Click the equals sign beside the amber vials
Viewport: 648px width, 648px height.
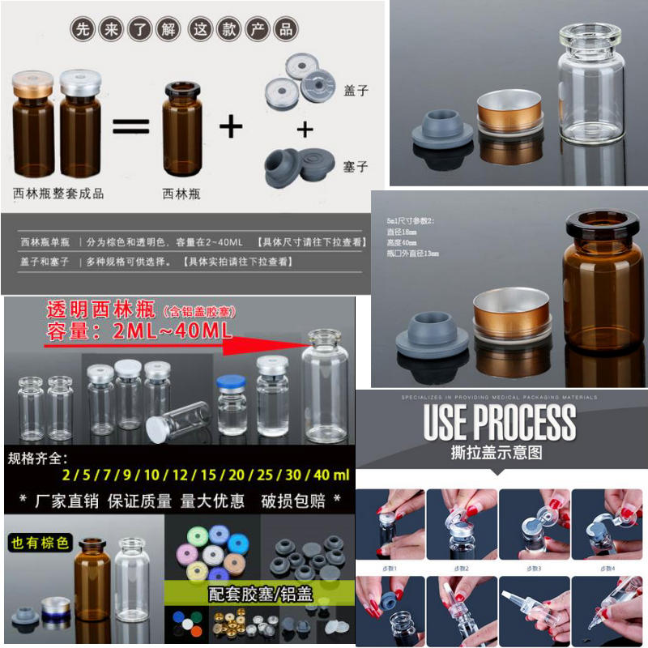130,126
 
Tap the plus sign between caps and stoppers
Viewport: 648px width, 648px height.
305,129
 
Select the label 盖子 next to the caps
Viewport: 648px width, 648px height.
356,91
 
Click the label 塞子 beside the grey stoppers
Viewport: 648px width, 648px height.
356,167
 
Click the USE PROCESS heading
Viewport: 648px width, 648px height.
500,422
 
